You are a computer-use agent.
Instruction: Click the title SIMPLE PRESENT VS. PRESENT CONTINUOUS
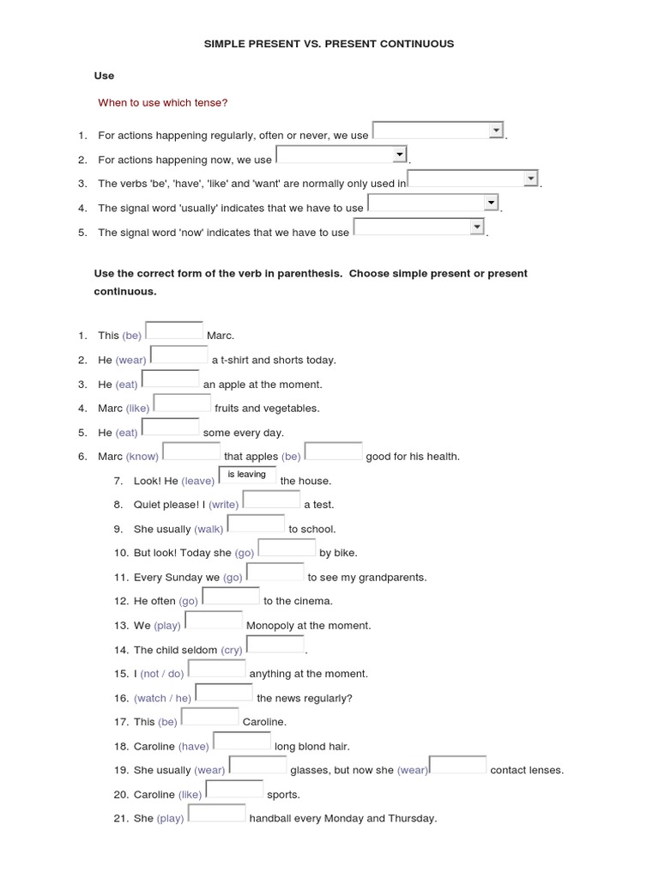coord(329,43)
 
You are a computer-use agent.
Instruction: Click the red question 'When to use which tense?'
coord(162,103)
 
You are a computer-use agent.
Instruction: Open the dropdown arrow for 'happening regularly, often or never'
coord(495,130)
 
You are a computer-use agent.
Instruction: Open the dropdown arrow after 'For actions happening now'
coord(399,154)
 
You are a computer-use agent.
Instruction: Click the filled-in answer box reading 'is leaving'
coord(247,475)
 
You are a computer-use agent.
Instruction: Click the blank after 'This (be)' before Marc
coord(174,330)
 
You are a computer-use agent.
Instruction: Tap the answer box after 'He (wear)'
coord(178,355)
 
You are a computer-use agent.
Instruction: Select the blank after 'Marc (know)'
coord(190,452)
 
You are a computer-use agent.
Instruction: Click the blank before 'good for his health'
coord(333,452)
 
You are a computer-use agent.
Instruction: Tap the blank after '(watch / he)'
coord(224,693)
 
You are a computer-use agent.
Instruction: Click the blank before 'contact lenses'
coord(457,765)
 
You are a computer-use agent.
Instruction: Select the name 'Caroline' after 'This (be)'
coord(264,722)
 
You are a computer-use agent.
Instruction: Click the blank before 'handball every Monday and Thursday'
coord(216,813)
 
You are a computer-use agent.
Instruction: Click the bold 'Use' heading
coord(104,76)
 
